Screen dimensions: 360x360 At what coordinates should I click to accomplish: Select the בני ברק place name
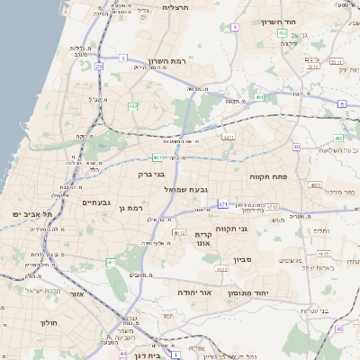[151, 174]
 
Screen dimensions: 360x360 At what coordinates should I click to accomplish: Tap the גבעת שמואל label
[186, 190]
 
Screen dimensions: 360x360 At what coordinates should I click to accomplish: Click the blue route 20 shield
[98, 66]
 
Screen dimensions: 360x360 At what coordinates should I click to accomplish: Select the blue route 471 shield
[222, 204]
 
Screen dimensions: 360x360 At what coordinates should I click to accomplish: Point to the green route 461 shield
[259, 96]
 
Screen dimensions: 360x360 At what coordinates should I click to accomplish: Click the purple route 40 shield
[296, 147]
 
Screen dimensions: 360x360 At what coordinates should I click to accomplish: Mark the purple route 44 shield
[122, 353]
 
